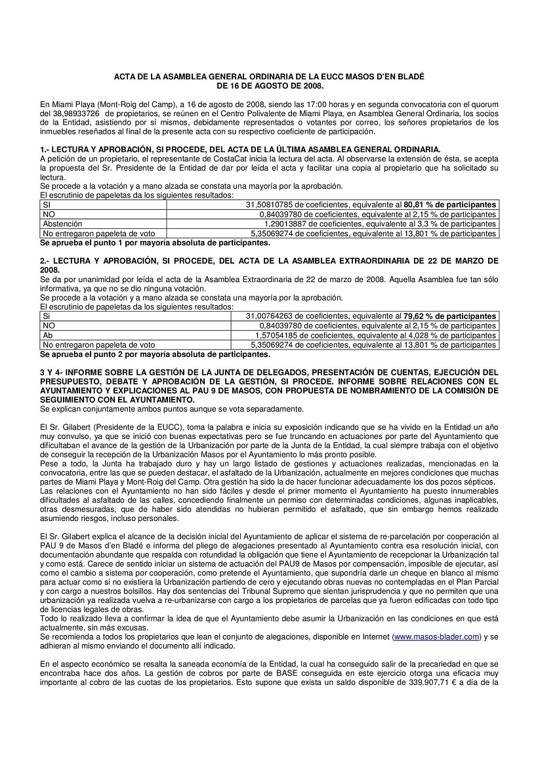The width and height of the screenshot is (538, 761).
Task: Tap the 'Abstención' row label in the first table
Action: tap(63, 224)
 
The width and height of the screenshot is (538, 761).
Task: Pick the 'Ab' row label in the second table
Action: tap(47, 335)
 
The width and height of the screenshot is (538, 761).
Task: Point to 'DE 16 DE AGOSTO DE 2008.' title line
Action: tap(270, 85)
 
